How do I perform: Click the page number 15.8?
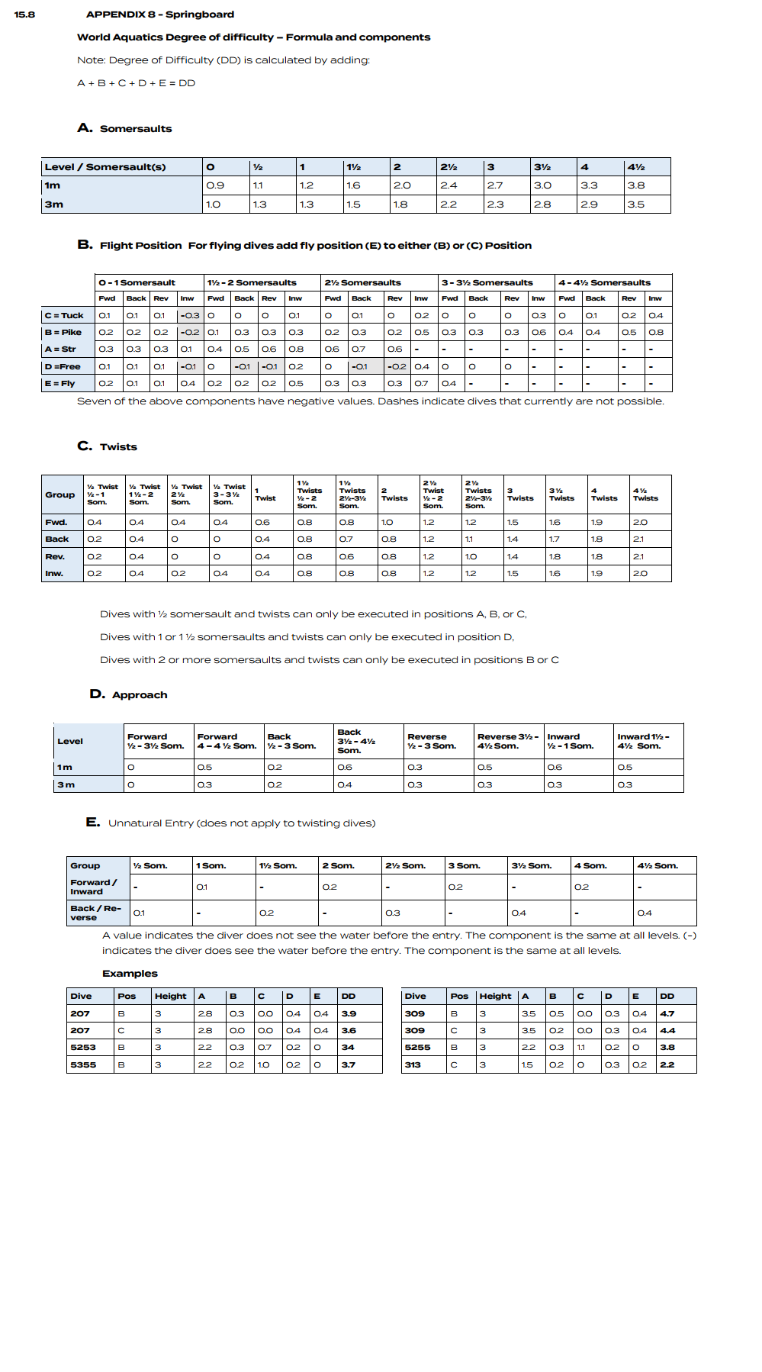pyautogui.click(x=24, y=14)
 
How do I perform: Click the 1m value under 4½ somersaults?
pyautogui.click(x=636, y=185)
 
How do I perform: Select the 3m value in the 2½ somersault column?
pyautogui.click(x=449, y=205)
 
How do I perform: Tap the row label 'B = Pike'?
pyautogui.click(x=63, y=333)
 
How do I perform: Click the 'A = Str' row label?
pyautogui.click(x=60, y=349)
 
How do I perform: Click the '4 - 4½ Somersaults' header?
pyautogui.click(x=604, y=282)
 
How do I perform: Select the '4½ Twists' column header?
pyautogui.click(x=645, y=494)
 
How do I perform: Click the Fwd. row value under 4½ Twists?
pyautogui.click(x=640, y=523)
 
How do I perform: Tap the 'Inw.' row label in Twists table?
pyautogui.click(x=53, y=574)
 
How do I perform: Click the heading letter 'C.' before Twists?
pyautogui.click(x=85, y=446)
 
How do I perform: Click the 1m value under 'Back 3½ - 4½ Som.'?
pyautogui.click(x=345, y=768)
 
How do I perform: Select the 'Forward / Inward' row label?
pyautogui.click(x=94, y=887)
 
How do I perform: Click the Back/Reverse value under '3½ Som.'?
pyautogui.click(x=519, y=913)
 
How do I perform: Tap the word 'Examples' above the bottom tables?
pyautogui.click(x=130, y=974)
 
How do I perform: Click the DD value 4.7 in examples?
pyautogui.click(x=667, y=1014)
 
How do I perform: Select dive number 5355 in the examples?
pyautogui.click(x=83, y=1064)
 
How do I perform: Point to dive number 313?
pyautogui.click(x=413, y=1064)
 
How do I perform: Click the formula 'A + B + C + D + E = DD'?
pyautogui.click(x=136, y=83)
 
